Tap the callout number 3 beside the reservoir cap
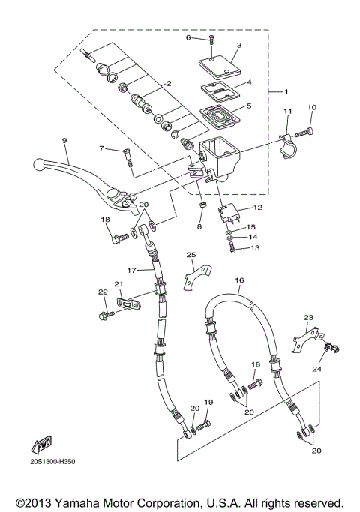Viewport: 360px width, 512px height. pyautogui.click(x=238, y=45)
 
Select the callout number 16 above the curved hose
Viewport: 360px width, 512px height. pyautogui.click(x=239, y=280)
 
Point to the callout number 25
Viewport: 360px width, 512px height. pyautogui.click(x=191, y=255)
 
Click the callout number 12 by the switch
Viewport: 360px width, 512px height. pyautogui.click(x=256, y=208)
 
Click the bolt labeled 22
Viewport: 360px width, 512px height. pyautogui.click(x=103, y=313)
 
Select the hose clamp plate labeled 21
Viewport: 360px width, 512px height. pyautogui.click(x=131, y=304)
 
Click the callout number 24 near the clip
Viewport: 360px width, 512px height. pyautogui.click(x=316, y=368)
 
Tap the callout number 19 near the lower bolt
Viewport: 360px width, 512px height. pyautogui.click(x=208, y=402)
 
